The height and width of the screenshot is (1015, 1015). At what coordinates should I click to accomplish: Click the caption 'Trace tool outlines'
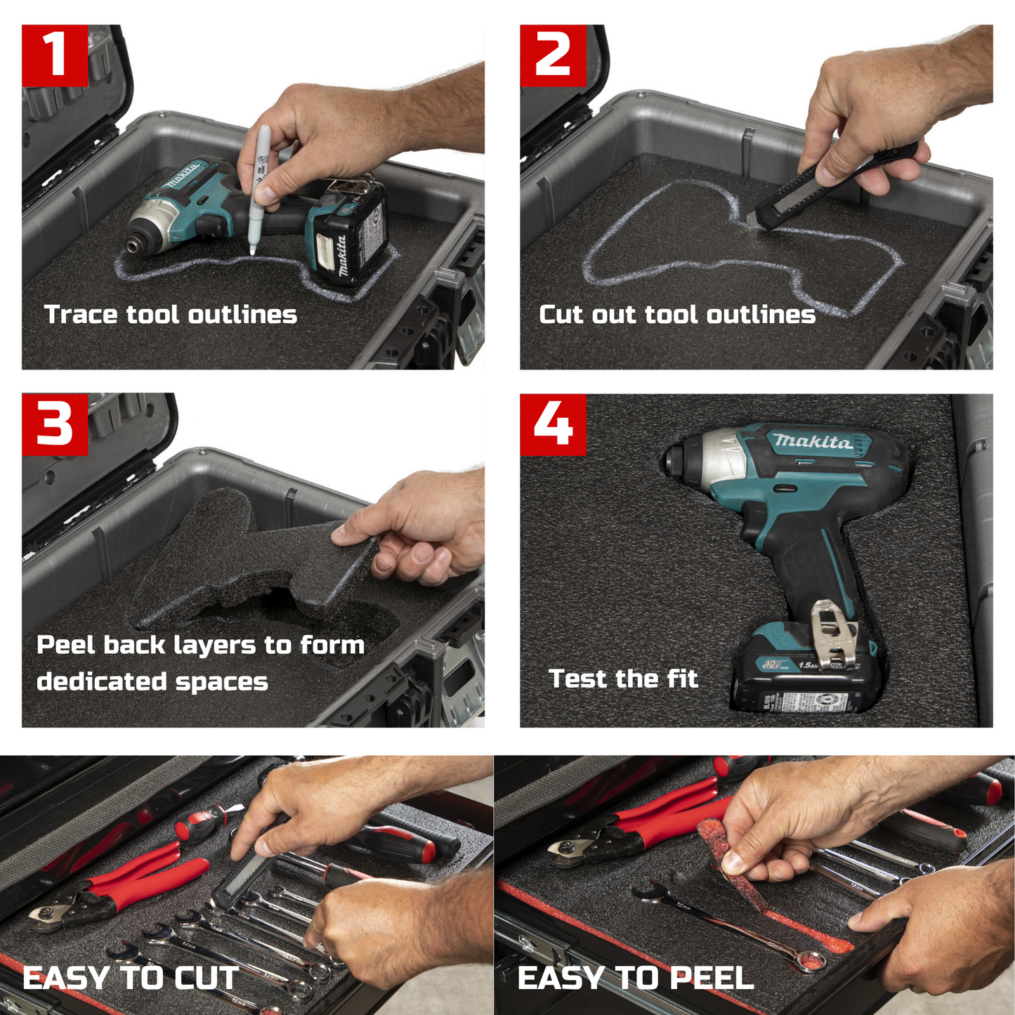point(171,314)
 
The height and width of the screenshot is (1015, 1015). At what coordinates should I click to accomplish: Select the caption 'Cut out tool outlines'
point(677,314)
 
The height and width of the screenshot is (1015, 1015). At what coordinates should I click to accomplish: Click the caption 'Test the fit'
point(623,679)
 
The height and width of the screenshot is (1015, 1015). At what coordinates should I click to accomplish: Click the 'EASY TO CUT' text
point(131,978)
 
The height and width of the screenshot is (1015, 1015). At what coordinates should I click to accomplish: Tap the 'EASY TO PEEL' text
point(636,978)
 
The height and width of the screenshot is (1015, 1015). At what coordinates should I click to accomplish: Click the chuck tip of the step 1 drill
point(133,246)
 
